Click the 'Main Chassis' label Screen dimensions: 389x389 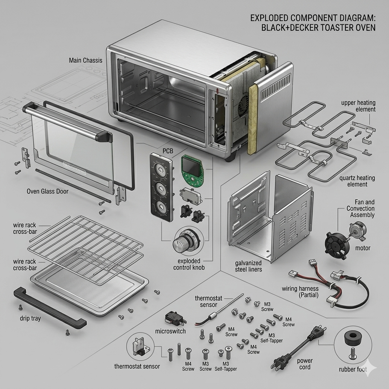tap(85, 60)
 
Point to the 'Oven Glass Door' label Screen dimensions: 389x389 tap(47, 191)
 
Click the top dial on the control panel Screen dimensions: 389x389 tap(161, 170)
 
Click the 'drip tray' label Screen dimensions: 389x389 tap(30, 318)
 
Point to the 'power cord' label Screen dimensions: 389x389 tap(305, 364)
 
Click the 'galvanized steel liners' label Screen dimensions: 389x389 tap(248, 266)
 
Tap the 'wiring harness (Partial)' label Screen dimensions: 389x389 tap(300, 292)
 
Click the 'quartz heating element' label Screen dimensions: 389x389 tap(357, 181)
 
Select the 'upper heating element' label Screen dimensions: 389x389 tap(358, 106)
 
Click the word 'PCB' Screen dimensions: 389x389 tap(168, 151)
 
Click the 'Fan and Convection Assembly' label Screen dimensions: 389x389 tap(361, 209)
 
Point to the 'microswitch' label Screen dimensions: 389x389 tap(171, 331)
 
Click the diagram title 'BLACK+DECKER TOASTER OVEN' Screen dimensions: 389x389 tap(318, 27)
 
